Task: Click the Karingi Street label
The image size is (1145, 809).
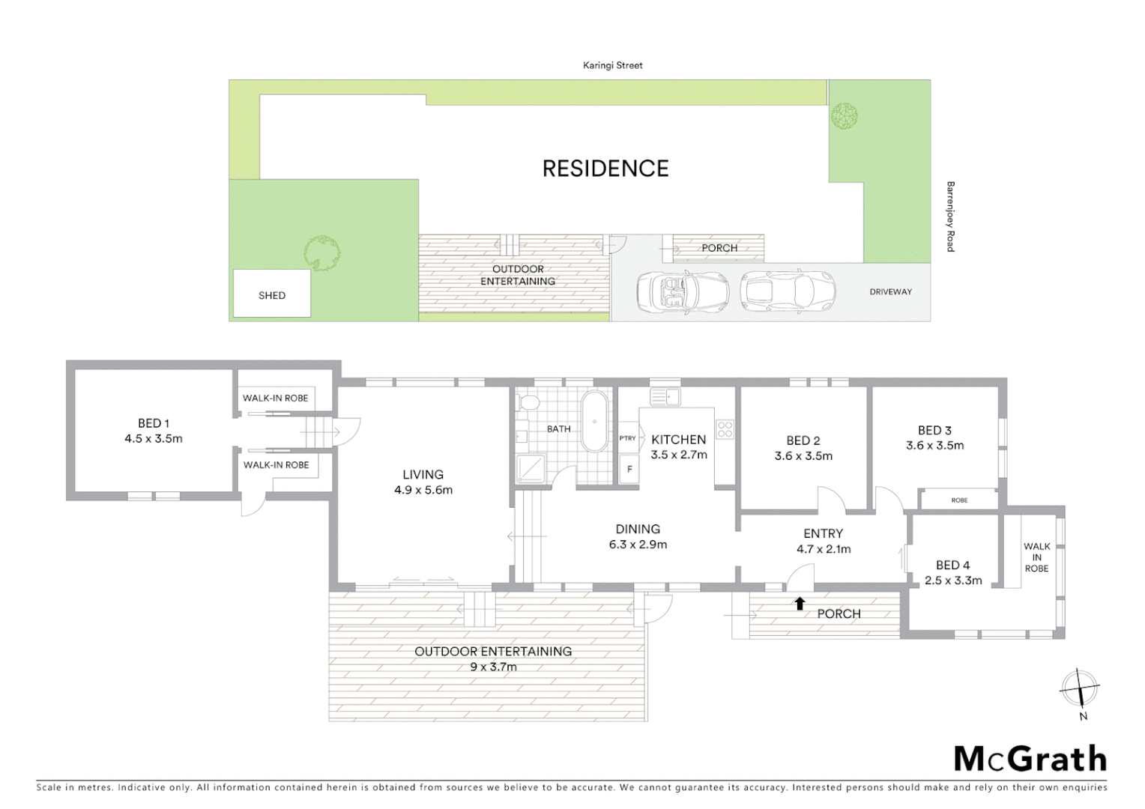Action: point(612,65)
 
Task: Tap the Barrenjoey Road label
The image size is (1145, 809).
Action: point(950,216)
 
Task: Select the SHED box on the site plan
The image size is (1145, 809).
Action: point(271,294)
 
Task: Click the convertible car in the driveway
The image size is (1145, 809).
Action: point(682,291)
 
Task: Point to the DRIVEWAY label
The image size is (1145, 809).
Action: point(890,291)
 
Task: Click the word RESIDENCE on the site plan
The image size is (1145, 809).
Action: point(605,169)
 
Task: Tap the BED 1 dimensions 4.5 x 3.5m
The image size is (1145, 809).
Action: point(154,439)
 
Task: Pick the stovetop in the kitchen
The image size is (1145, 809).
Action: point(725,429)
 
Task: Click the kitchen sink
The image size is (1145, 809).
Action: point(665,396)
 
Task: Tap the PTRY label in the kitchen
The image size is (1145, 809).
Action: point(627,438)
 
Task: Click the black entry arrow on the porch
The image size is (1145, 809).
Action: point(800,603)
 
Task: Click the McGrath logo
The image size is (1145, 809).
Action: point(1030,759)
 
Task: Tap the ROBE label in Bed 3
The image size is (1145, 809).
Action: point(959,500)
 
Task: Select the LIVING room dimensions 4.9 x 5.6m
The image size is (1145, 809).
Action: point(423,490)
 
